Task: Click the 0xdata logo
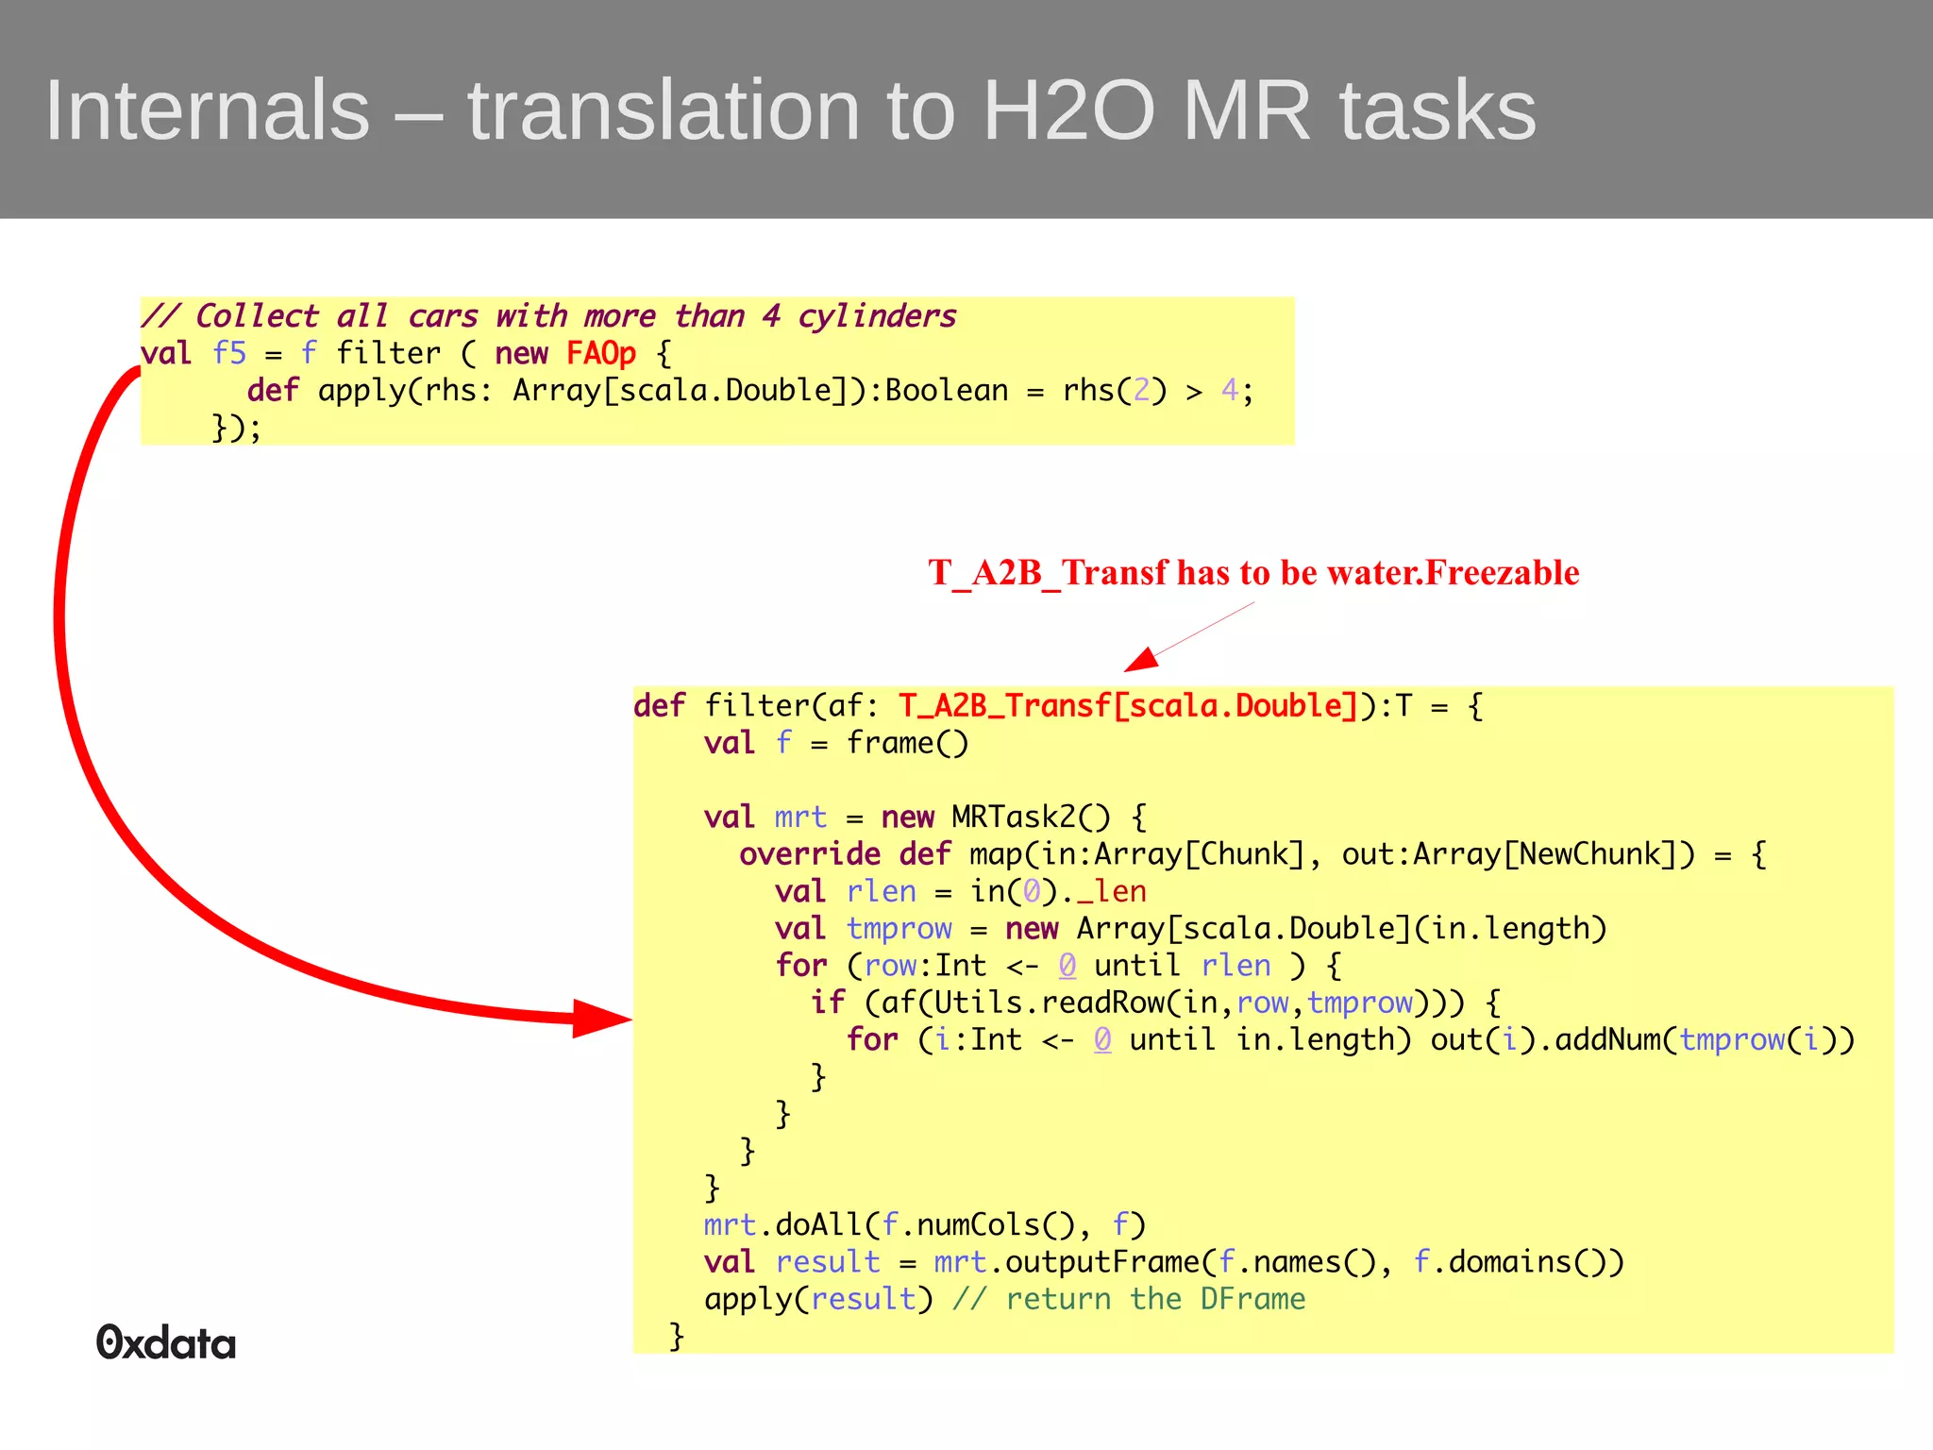[166, 1342]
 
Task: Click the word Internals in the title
[208, 110]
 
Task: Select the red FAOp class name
[600, 353]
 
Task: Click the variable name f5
[228, 353]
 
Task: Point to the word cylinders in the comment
[877, 316]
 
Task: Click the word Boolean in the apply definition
[947, 391]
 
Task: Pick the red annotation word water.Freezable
[1454, 573]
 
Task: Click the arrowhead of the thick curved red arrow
[600, 1019]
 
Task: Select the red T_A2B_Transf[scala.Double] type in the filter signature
[1127, 706]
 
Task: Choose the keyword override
[810, 854]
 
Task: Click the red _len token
[1112, 891]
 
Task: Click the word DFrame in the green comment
[1252, 1300]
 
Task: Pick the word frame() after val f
[907, 743]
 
